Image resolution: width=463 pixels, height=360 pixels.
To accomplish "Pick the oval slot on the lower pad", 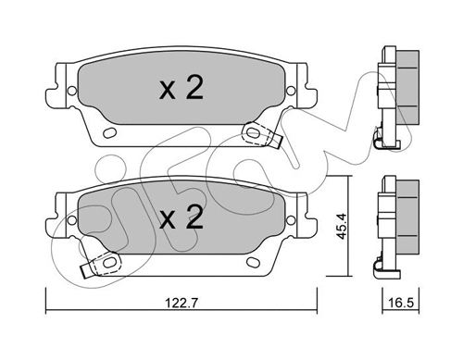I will (x=255, y=265).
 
